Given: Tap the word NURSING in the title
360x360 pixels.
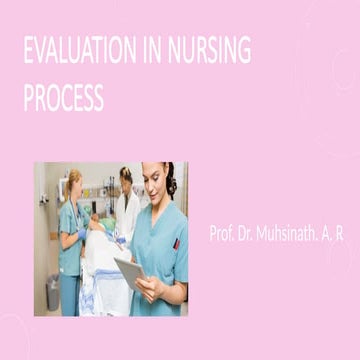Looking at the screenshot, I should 204,51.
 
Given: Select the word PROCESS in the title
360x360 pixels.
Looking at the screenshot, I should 63,98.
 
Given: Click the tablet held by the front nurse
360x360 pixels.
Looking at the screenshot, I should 131,271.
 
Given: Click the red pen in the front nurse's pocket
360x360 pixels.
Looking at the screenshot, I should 175,243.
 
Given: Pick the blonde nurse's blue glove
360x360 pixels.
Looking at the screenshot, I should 82,233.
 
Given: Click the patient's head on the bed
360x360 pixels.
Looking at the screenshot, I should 98,225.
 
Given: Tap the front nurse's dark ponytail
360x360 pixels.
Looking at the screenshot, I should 172,182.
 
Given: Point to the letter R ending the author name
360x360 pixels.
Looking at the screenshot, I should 340,234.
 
